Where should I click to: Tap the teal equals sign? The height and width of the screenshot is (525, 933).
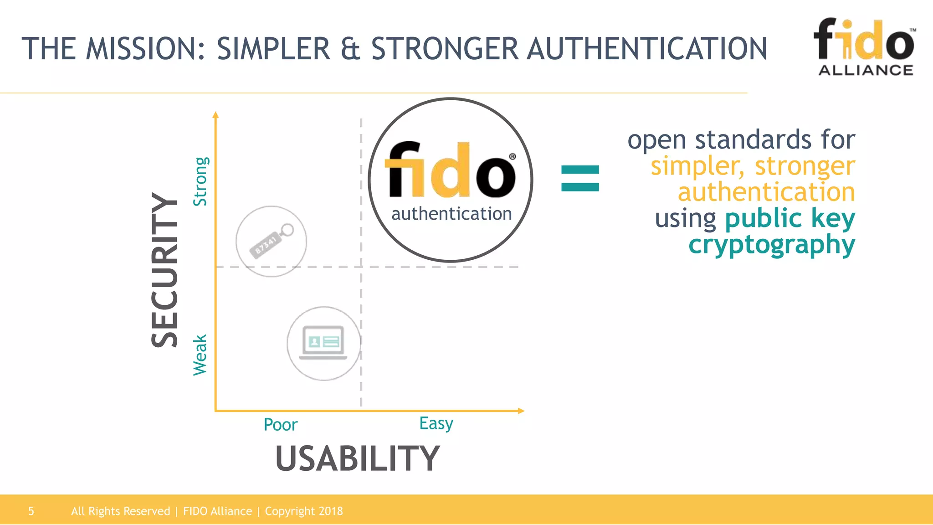580,178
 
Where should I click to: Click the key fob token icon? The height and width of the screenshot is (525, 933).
271,241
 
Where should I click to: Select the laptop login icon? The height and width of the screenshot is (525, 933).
323,343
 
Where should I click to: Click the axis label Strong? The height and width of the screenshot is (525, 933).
200,181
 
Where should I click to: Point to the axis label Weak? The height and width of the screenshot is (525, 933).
200,355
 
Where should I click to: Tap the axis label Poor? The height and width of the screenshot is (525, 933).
280,425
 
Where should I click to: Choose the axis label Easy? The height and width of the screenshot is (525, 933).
436,423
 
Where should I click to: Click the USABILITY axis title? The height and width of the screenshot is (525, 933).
357,458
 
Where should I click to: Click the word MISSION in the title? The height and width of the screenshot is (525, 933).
146,49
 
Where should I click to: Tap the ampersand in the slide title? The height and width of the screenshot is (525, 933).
350,49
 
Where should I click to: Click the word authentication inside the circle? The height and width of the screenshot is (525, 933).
451,214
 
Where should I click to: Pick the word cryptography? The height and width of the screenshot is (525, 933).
771,245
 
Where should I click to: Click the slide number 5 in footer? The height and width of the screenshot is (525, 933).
31,511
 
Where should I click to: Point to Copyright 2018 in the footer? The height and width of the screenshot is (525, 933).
303,511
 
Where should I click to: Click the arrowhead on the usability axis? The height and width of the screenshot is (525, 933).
521,411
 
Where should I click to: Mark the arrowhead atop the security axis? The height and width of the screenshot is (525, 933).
216,115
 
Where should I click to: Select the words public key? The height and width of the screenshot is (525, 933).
789,218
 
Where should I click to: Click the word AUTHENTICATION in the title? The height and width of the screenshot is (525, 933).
647,49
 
